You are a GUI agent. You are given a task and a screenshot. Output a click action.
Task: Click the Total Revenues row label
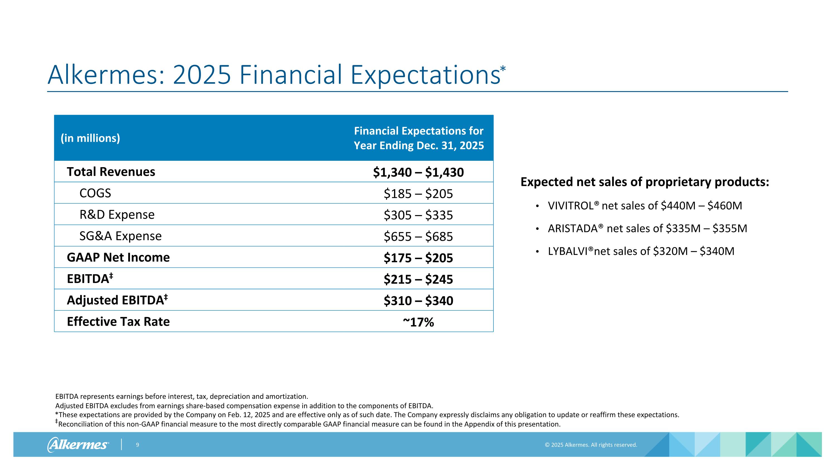111,172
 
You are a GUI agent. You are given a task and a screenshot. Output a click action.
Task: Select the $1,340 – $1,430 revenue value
418,172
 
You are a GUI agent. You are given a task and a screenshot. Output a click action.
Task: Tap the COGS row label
95,193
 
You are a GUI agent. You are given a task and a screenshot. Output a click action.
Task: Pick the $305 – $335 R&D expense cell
418,215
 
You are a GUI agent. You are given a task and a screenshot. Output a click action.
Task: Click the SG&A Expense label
120,236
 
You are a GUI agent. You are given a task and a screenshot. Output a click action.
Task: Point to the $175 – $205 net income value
418,257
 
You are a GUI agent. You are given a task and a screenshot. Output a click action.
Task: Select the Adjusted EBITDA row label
117,300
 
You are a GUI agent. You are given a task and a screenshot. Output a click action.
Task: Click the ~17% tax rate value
418,322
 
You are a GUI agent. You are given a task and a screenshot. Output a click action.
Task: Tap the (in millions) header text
90,138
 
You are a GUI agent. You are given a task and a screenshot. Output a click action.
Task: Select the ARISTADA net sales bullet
647,228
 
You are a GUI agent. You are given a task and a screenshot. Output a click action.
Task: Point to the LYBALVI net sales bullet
641,251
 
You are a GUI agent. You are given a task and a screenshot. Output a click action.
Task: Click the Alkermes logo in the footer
78,444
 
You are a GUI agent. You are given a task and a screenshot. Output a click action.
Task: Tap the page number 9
137,445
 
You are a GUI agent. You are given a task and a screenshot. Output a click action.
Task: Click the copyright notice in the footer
591,445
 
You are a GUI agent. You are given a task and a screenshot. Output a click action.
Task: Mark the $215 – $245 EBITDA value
418,279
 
